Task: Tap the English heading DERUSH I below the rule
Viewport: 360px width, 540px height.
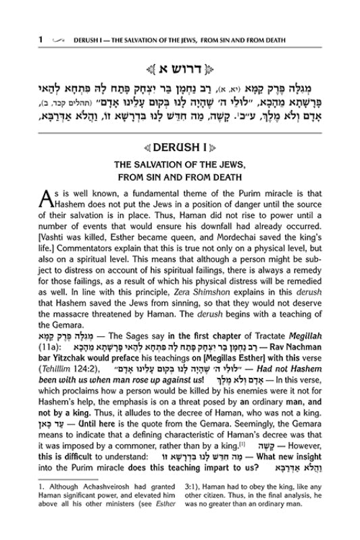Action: [180, 148]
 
